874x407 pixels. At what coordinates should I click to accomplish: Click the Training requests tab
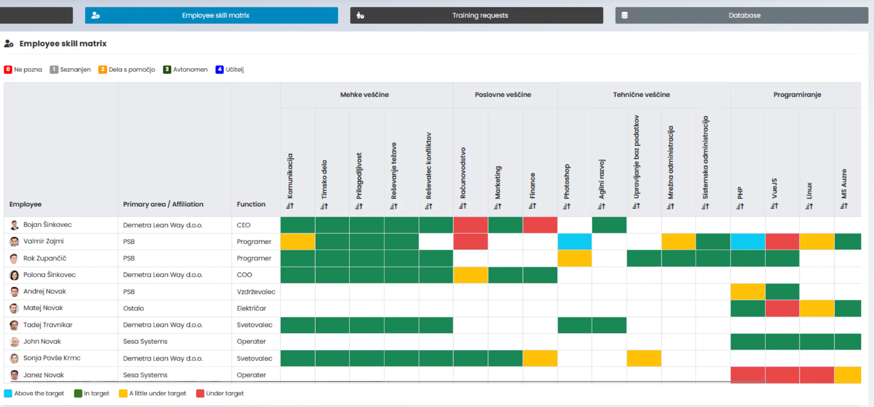coord(476,15)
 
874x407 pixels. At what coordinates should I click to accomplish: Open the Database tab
coord(741,15)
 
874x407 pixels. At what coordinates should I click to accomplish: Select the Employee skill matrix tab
coord(211,15)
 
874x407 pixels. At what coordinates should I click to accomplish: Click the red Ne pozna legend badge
coord(8,69)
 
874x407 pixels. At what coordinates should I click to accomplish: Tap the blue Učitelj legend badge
coord(219,69)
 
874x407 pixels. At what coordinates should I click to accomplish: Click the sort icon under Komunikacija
coord(290,206)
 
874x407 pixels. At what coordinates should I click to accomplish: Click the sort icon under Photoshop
coord(567,206)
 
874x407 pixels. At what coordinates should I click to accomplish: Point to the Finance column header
coord(532,186)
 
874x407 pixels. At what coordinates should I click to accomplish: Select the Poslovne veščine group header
coord(503,94)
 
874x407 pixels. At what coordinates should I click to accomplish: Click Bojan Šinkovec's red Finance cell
coord(540,225)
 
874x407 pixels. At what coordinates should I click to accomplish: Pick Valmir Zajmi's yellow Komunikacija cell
coord(297,242)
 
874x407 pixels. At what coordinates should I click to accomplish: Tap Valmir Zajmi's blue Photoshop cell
coord(574,242)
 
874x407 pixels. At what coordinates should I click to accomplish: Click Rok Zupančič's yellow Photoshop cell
coord(574,258)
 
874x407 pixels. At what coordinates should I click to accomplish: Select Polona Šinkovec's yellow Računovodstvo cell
coord(470,275)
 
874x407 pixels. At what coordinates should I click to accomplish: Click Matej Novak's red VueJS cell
coord(782,308)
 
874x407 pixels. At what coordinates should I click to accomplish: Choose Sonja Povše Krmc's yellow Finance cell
coord(540,358)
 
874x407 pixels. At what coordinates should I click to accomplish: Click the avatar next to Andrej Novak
coord(15,292)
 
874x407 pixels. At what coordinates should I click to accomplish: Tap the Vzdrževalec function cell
coord(256,292)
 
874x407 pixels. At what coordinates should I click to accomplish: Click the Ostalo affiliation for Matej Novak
coord(134,308)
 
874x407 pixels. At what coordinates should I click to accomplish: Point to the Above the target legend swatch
coord(8,393)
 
